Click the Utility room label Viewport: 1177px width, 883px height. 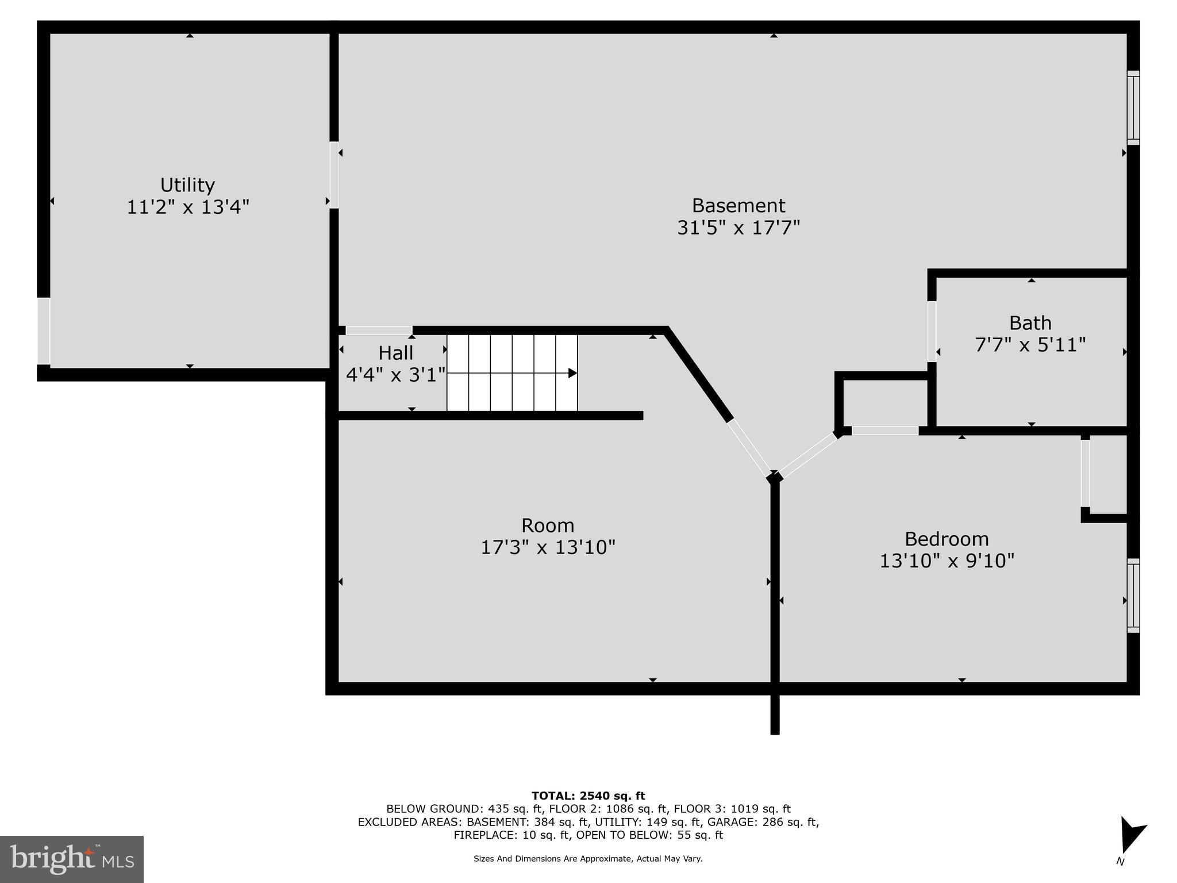click(187, 185)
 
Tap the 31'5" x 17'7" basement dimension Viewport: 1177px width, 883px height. click(738, 228)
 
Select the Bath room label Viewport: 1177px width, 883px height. click(1030, 323)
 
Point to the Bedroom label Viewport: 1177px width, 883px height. click(947, 539)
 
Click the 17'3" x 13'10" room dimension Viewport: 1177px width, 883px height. click(548, 547)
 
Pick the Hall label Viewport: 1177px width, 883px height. click(395, 352)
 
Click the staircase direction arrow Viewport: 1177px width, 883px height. click(572, 373)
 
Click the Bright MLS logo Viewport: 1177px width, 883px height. click(72, 859)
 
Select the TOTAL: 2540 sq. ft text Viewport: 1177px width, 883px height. click(588, 796)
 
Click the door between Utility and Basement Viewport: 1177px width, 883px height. click(334, 175)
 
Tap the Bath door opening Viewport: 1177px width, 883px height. click(932, 332)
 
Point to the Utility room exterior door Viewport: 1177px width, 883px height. click(44, 331)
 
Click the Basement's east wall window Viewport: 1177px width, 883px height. click(1133, 108)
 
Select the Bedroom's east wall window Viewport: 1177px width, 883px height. click(1133, 596)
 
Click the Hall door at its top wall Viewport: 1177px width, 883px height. click(379, 331)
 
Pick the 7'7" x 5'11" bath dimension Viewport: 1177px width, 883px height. click(1030, 345)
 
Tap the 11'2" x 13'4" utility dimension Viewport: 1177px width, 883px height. click(187, 207)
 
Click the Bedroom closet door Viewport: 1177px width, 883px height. click(1085, 473)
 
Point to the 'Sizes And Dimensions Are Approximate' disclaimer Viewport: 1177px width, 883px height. click(588, 859)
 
